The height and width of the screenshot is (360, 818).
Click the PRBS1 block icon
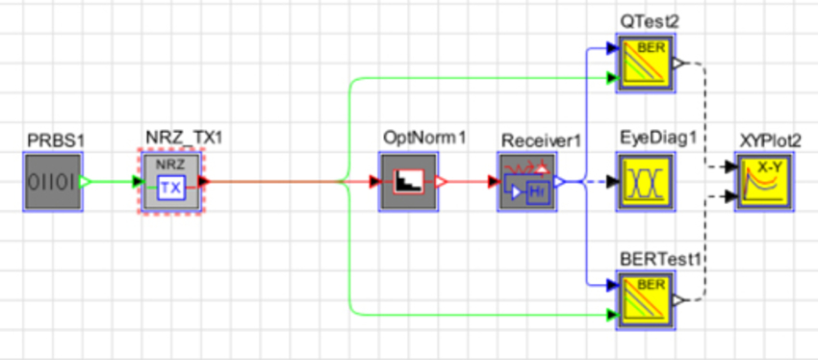coord(52,180)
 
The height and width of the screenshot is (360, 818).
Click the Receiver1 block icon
coord(526,180)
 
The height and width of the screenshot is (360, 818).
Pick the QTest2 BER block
coord(647,63)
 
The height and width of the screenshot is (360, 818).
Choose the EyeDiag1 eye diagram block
coord(647,180)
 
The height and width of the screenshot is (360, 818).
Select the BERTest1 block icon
coord(647,298)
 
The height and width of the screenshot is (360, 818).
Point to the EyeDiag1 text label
coord(657,141)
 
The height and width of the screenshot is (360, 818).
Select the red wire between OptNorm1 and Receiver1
coord(468,180)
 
